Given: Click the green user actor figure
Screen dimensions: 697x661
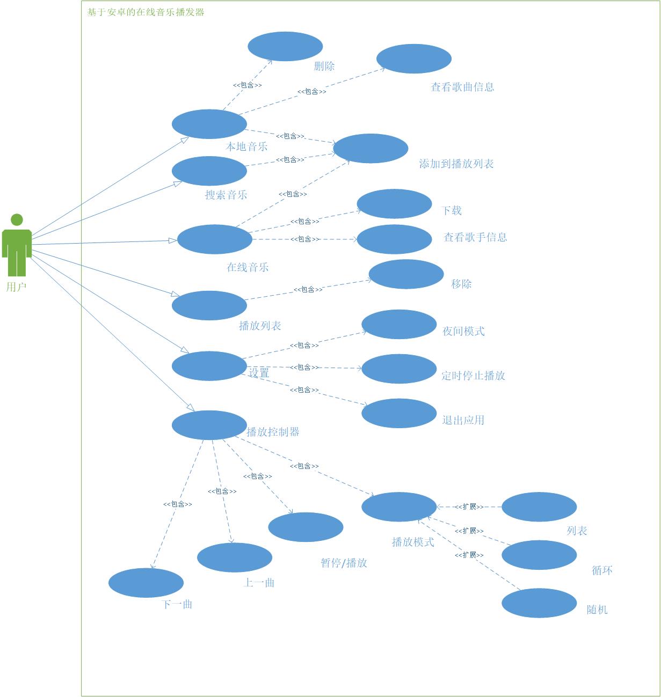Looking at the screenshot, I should tap(17, 245).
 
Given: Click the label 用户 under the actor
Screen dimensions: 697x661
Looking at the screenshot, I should tap(16, 287).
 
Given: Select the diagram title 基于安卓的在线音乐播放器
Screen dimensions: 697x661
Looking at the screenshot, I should tap(146, 12).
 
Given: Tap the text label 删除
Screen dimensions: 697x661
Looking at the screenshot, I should tap(324, 66).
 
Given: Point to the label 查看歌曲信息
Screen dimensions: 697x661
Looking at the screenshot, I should tap(462, 87).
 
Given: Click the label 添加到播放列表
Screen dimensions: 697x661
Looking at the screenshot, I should tap(456, 164).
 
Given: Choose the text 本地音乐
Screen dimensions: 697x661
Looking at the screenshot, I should tap(246, 146).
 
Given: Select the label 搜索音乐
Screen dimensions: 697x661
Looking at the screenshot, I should tap(226, 195).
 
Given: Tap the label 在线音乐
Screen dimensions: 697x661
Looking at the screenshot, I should tap(248, 267).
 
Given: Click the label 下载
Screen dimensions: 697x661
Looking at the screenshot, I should tap(452, 210).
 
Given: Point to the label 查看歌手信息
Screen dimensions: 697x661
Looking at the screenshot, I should tap(475, 237).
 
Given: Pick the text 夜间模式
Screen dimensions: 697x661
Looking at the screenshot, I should tap(463, 331).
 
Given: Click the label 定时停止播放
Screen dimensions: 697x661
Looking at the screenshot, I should tap(473, 376).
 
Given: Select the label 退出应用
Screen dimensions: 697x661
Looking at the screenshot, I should tap(463, 420).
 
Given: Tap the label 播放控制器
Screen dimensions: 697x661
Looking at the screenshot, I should tap(273, 432).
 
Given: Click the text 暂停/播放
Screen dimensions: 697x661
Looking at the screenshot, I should tap(344, 563).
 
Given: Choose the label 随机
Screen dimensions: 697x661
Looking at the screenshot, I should tap(597, 610).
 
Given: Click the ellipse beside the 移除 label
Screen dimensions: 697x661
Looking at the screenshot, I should tap(406, 274).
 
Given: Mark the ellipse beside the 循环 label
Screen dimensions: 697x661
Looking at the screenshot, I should tap(539, 555).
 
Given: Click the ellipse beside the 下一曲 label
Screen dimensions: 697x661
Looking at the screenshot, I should tap(146, 582).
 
